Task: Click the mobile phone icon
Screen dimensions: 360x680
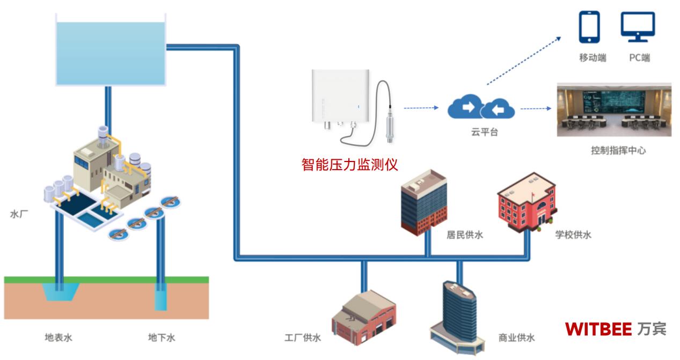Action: (589, 27)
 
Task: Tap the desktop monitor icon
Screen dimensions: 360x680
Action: (638, 26)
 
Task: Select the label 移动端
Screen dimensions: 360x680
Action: (593, 57)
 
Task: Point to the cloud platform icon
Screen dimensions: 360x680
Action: (480, 108)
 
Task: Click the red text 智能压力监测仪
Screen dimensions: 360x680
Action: (349, 164)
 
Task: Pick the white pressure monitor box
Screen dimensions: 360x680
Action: (341, 96)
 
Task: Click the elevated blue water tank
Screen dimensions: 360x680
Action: (110, 53)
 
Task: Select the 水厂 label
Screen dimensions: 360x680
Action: (19, 214)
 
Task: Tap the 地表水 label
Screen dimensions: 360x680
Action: (58, 337)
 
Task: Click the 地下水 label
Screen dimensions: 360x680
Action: (162, 337)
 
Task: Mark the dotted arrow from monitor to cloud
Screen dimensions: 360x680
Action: (421, 108)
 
